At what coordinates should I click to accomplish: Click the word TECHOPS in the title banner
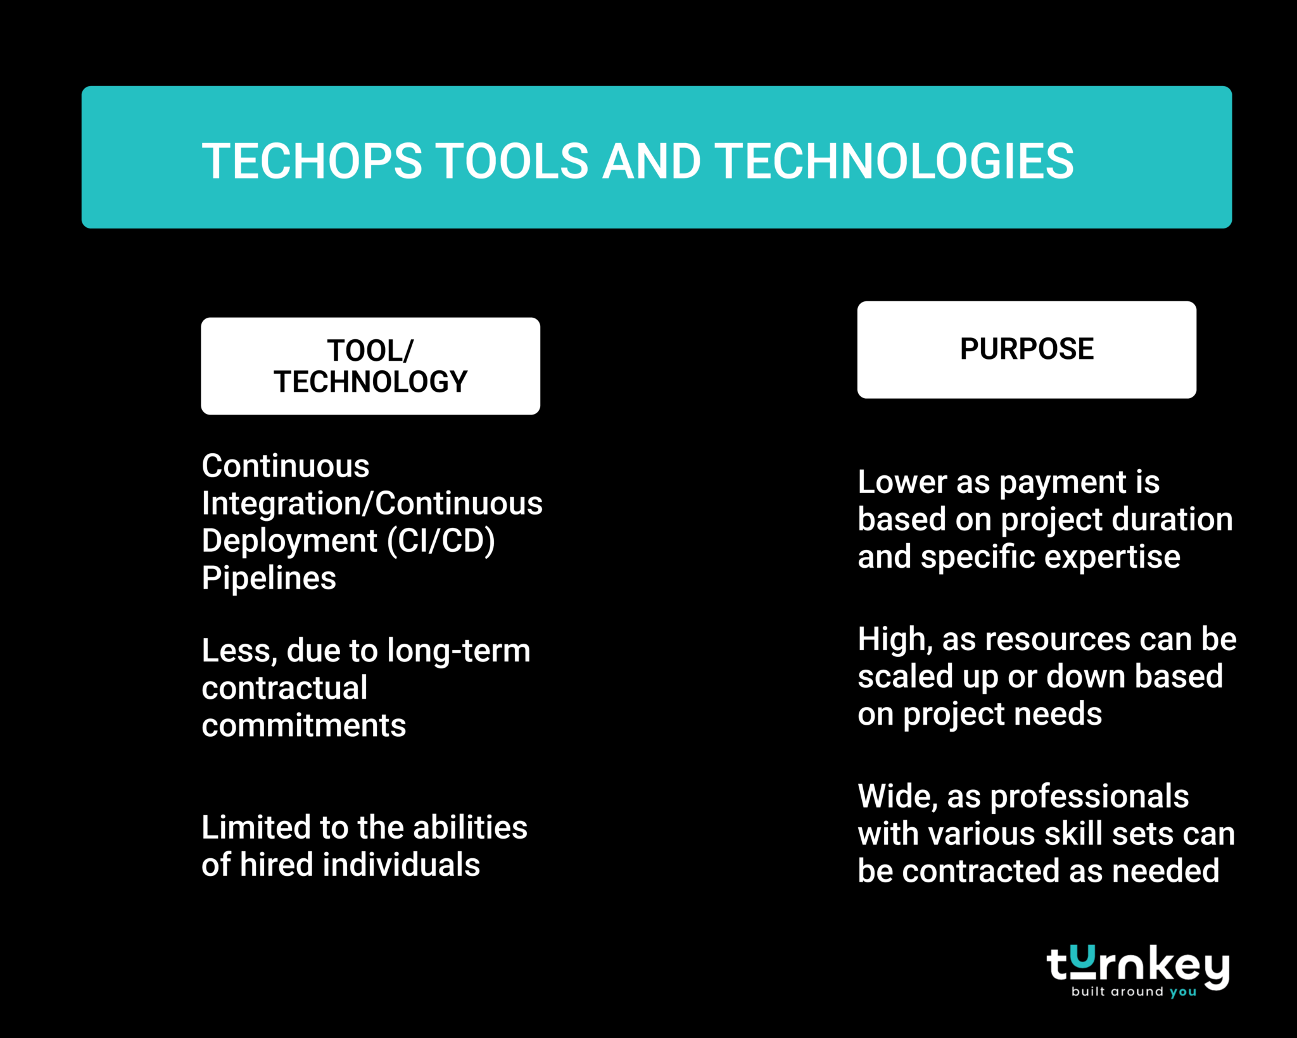point(312,161)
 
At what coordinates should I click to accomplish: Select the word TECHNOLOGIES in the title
point(894,161)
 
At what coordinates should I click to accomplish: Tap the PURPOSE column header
point(1027,349)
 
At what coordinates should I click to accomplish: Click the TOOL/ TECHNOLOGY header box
point(370,366)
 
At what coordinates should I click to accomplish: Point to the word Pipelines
point(269,578)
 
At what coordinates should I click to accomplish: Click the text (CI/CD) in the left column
point(441,541)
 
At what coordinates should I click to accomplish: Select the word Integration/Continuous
point(372,504)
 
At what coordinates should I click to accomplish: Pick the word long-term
point(459,651)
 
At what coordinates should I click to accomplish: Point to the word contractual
point(284,688)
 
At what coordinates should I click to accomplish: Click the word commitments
point(303,725)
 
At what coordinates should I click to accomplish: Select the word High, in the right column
point(895,639)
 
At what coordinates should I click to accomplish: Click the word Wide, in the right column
point(897,796)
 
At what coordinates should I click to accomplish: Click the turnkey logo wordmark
point(1137,965)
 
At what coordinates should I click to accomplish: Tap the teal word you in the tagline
point(1182,992)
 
